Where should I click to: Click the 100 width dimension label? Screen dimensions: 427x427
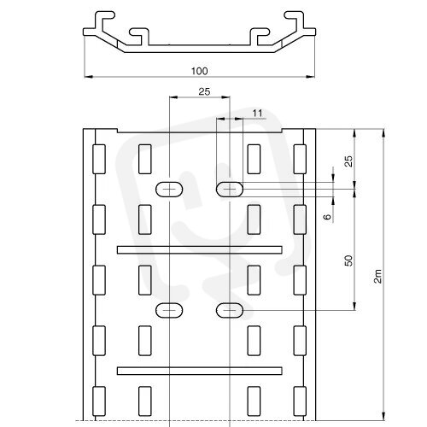[199, 71]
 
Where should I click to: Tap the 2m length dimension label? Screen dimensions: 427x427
[377, 276]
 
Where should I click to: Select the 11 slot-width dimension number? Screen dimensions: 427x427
[257, 114]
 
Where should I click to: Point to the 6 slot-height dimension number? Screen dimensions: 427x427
[328, 217]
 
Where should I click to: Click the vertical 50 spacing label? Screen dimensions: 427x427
[348, 260]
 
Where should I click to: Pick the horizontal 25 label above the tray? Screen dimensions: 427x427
[204, 91]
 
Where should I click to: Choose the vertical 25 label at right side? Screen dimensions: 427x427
[348, 161]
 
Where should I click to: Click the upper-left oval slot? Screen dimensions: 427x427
[169, 190]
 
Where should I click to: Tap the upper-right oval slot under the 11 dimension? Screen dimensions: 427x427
[230, 190]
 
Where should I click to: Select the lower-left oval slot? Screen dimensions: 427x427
[169, 310]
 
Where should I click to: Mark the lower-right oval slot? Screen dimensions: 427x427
[230, 310]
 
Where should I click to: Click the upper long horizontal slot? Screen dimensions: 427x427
[200, 249]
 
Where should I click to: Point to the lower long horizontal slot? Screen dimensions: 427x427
[200, 371]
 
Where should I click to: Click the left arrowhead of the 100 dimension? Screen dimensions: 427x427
[88, 77]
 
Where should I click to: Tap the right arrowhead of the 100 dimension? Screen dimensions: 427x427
[311, 77]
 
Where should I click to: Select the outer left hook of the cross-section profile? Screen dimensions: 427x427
[104, 18]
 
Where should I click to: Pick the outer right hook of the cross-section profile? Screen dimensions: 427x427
[295, 18]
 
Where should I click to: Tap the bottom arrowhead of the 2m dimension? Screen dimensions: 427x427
[383, 416]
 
